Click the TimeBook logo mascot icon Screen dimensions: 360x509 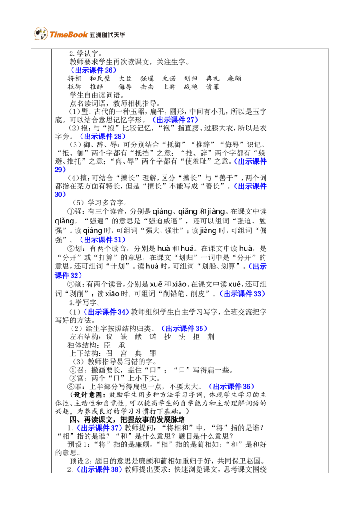click(41, 33)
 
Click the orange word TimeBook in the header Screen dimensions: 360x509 click(68, 35)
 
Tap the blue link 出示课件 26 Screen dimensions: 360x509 click(94, 70)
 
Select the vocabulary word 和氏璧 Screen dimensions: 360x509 click(100, 79)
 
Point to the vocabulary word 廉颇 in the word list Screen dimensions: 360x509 click(234, 79)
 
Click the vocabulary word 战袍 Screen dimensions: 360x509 click(191, 87)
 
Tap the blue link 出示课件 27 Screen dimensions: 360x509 click(175, 120)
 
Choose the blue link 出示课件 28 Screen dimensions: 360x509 click(103, 136)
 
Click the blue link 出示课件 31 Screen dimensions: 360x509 click(103, 240)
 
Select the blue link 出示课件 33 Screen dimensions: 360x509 click(243, 294)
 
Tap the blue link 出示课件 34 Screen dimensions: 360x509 click(106, 312)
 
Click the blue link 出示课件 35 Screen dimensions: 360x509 click(184, 329)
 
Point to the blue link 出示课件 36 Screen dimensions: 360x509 click(231, 387)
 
